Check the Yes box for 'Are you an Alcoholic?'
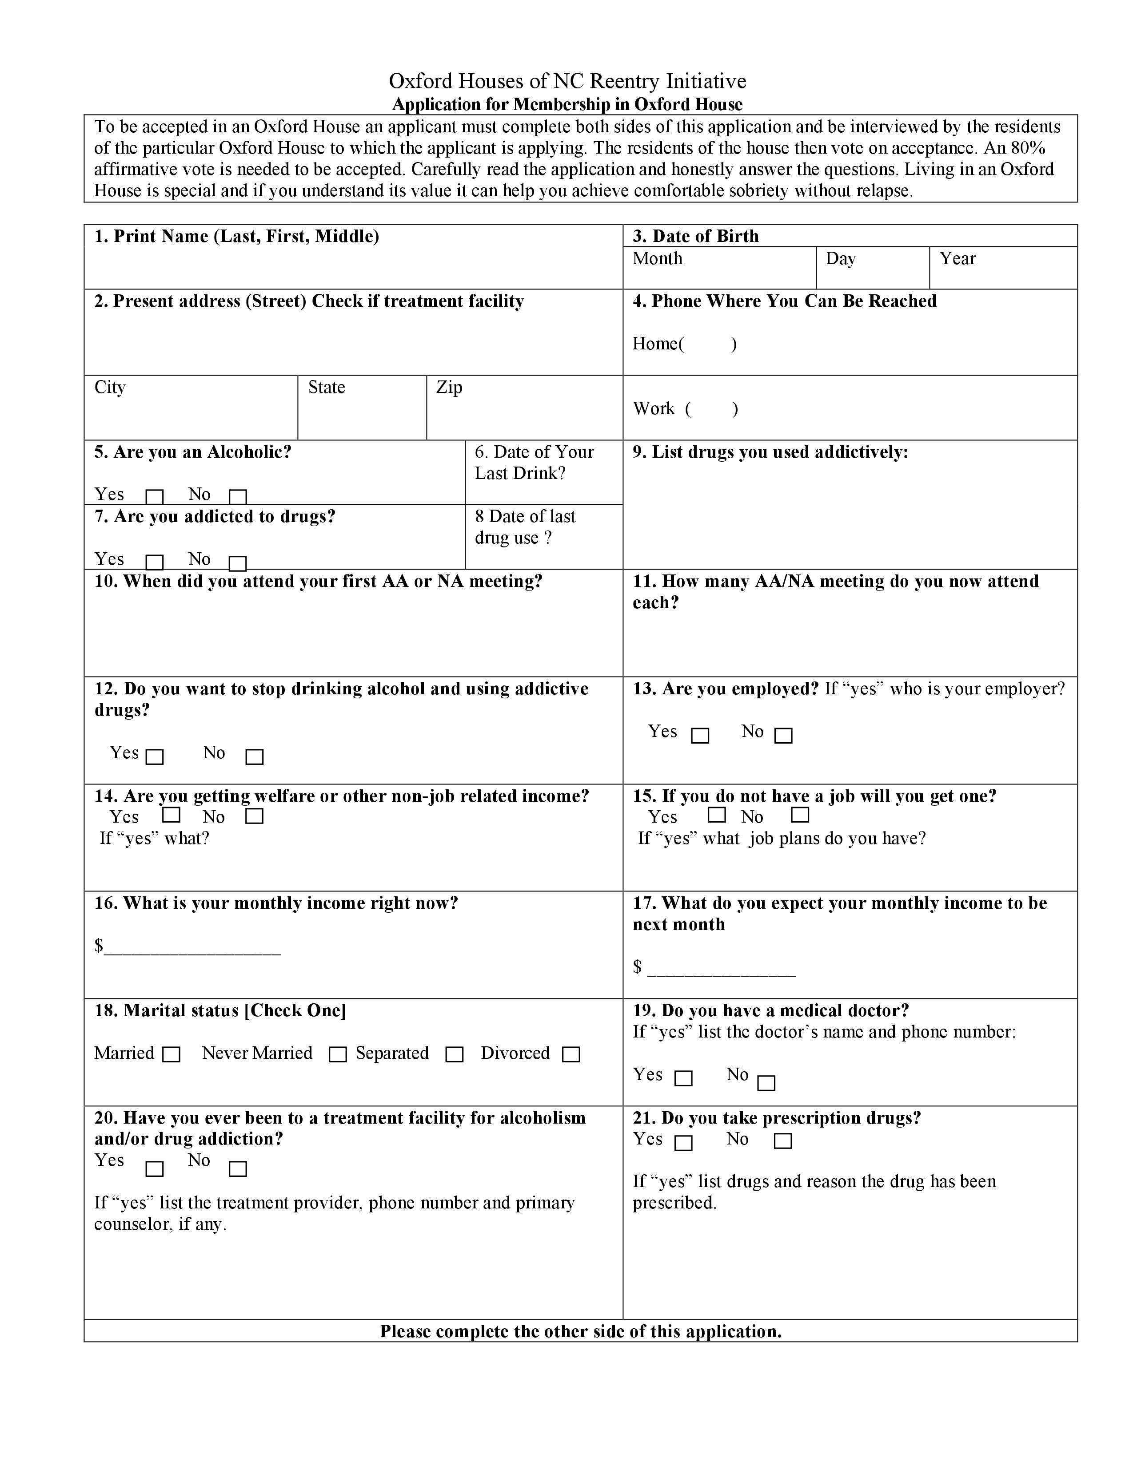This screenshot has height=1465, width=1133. [x=154, y=497]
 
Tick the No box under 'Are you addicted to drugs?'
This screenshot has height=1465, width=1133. [x=238, y=563]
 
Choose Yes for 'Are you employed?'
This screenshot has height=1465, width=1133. [x=700, y=736]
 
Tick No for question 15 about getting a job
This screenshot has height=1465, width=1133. [x=800, y=815]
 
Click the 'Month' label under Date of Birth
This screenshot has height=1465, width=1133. [x=657, y=259]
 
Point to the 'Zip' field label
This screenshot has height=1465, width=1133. [x=449, y=388]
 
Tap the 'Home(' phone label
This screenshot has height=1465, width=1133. [x=658, y=344]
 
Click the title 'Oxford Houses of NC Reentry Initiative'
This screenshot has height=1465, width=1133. [x=567, y=81]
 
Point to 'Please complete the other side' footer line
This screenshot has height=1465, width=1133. [x=581, y=1331]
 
